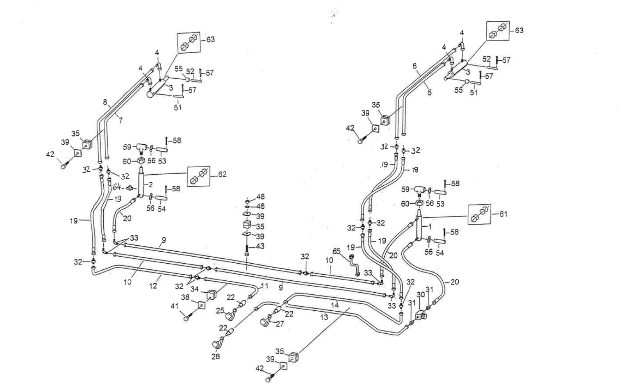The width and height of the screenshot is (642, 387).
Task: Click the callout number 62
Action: pos(222,175)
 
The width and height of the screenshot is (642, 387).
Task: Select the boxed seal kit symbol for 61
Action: pos(480,214)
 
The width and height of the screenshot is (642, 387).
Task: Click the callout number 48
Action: pos(260,197)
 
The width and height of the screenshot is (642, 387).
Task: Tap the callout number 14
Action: pos(335,305)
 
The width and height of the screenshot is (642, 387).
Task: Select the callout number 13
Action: pos(324,317)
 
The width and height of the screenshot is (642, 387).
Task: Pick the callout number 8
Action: pos(105,101)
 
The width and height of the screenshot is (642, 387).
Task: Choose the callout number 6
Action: pos(414,66)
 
